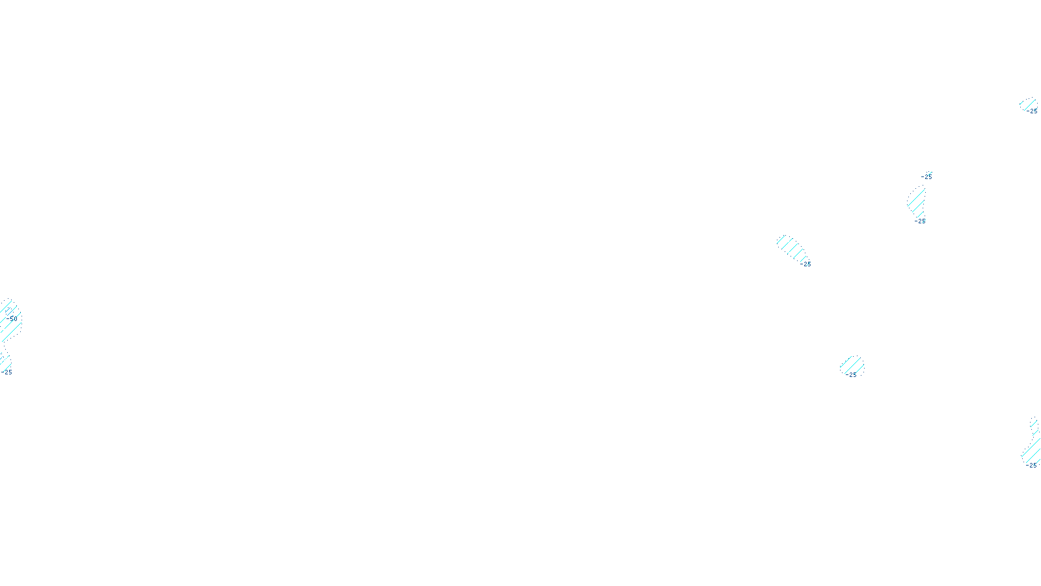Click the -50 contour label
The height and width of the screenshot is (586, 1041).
[13, 318]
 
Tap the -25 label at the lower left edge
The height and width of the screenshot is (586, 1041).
[8, 372]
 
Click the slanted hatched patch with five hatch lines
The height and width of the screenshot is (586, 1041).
[791, 247]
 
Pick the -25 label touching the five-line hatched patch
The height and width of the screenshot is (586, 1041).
[807, 264]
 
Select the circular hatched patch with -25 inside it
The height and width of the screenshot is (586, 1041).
[852, 366]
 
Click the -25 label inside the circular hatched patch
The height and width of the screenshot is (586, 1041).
[852, 375]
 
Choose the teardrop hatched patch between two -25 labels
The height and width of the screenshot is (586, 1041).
[916, 201]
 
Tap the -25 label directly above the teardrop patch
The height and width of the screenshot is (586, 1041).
[926, 176]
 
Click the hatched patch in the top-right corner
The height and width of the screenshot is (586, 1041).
[1027, 104]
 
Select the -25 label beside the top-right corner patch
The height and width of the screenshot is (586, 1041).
[1033, 111]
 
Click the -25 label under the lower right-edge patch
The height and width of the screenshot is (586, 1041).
[1031, 466]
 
